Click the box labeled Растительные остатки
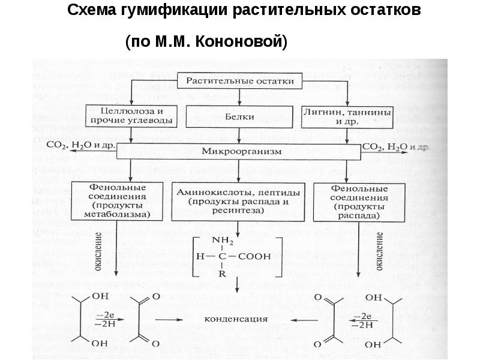tap(239, 80)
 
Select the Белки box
tap(239, 116)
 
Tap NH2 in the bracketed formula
tap(226, 242)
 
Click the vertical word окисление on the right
tap(380, 251)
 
